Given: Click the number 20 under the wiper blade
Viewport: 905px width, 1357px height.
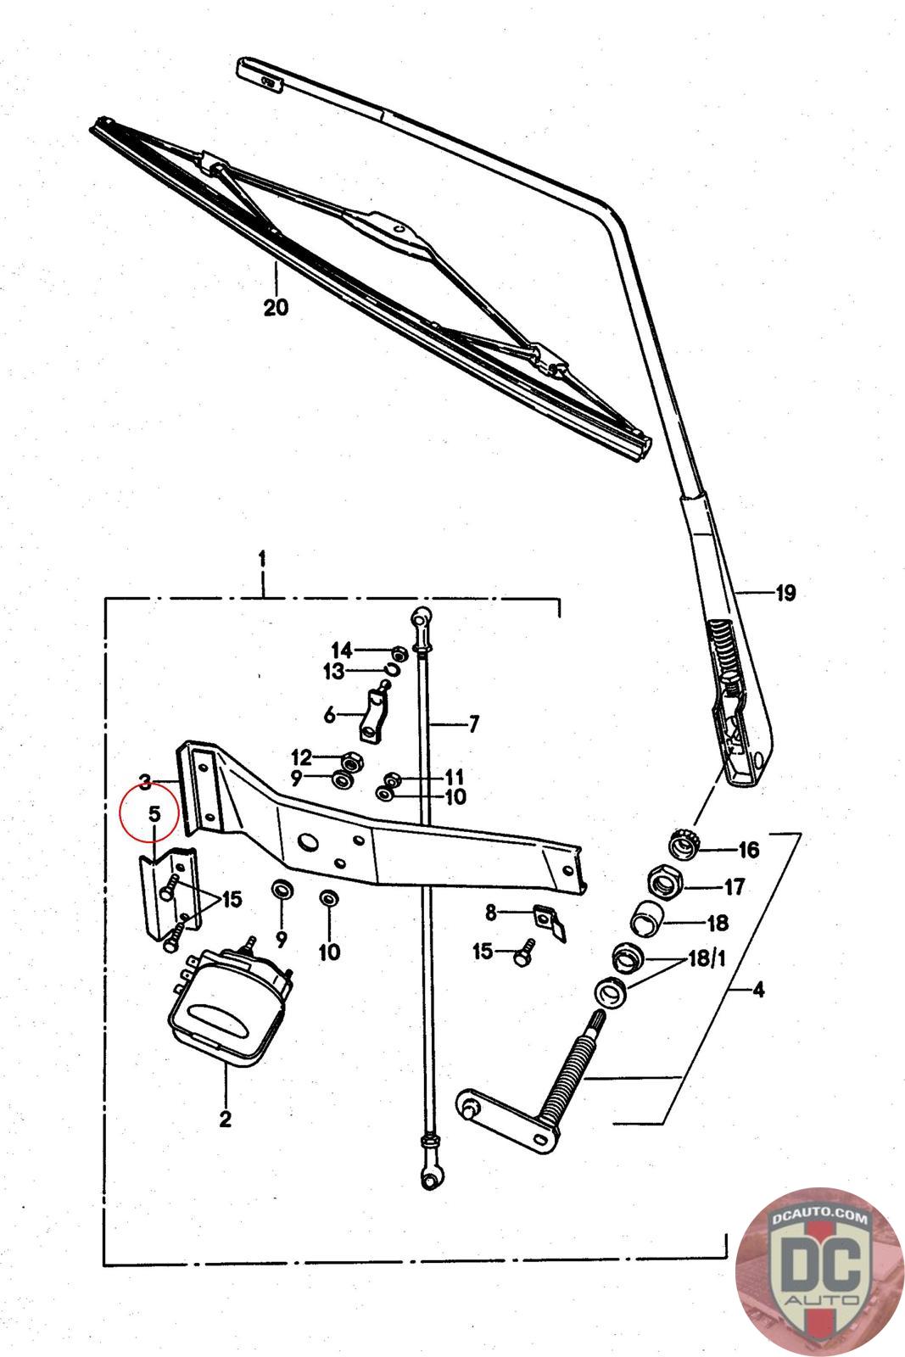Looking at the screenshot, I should pos(276,306).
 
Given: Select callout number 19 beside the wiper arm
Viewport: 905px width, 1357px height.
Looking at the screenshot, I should pos(785,593).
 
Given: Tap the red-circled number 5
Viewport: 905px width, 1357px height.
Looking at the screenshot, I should pos(154,813).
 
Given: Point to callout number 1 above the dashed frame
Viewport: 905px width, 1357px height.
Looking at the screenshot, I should pos(263,561).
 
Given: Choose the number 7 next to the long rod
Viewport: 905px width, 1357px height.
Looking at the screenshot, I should pos(473,724).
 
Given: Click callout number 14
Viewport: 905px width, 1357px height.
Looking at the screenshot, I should pos(341,651).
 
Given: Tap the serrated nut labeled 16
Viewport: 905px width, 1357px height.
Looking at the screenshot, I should pos(681,846).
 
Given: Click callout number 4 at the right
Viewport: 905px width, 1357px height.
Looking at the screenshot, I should pos(757,989).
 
